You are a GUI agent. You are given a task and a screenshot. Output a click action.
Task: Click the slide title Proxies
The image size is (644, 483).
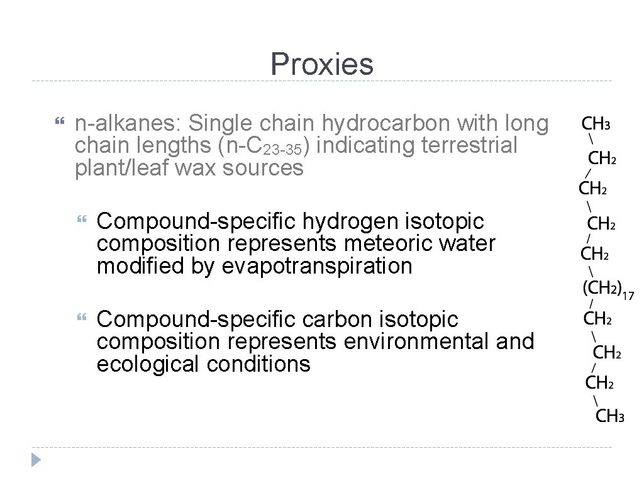tap(321, 64)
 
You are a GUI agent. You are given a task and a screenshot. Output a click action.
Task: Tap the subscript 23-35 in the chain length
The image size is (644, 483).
tap(284, 151)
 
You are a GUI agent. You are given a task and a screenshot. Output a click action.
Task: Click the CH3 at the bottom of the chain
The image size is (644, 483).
tap(609, 416)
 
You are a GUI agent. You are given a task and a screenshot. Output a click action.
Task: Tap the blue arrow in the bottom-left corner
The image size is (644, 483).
tap(36, 458)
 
